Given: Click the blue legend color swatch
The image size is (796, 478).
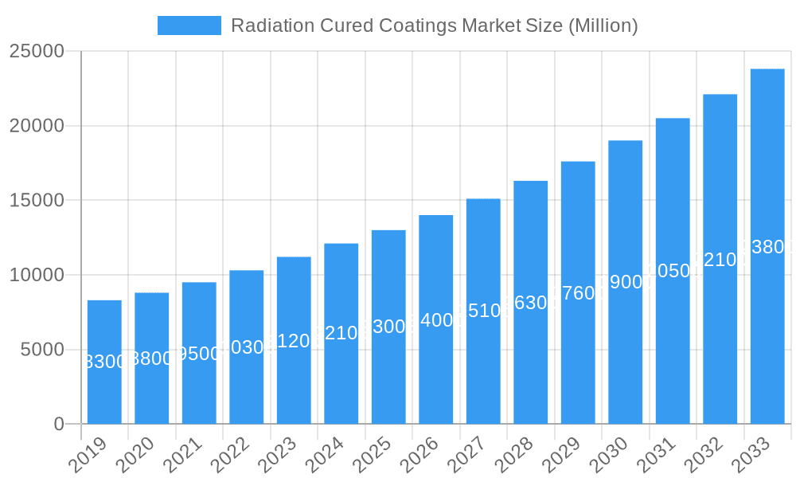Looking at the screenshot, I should click(x=189, y=25).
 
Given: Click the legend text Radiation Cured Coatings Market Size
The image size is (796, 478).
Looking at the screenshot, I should click(x=434, y=25).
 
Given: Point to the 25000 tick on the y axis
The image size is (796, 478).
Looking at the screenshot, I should click(x=37, y=51).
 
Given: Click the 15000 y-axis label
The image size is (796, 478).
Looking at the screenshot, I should click(x=37, y=200).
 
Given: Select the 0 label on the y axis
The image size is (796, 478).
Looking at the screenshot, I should click(x=59, y=425).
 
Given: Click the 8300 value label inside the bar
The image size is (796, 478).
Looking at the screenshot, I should click(x=104, y=362).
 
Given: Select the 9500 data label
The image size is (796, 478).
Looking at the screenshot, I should click(x=199, y=353).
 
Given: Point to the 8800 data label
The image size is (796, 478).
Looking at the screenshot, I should click(x=151, y=358).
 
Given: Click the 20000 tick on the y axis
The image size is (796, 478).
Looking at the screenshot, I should click(x=37, y=126).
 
